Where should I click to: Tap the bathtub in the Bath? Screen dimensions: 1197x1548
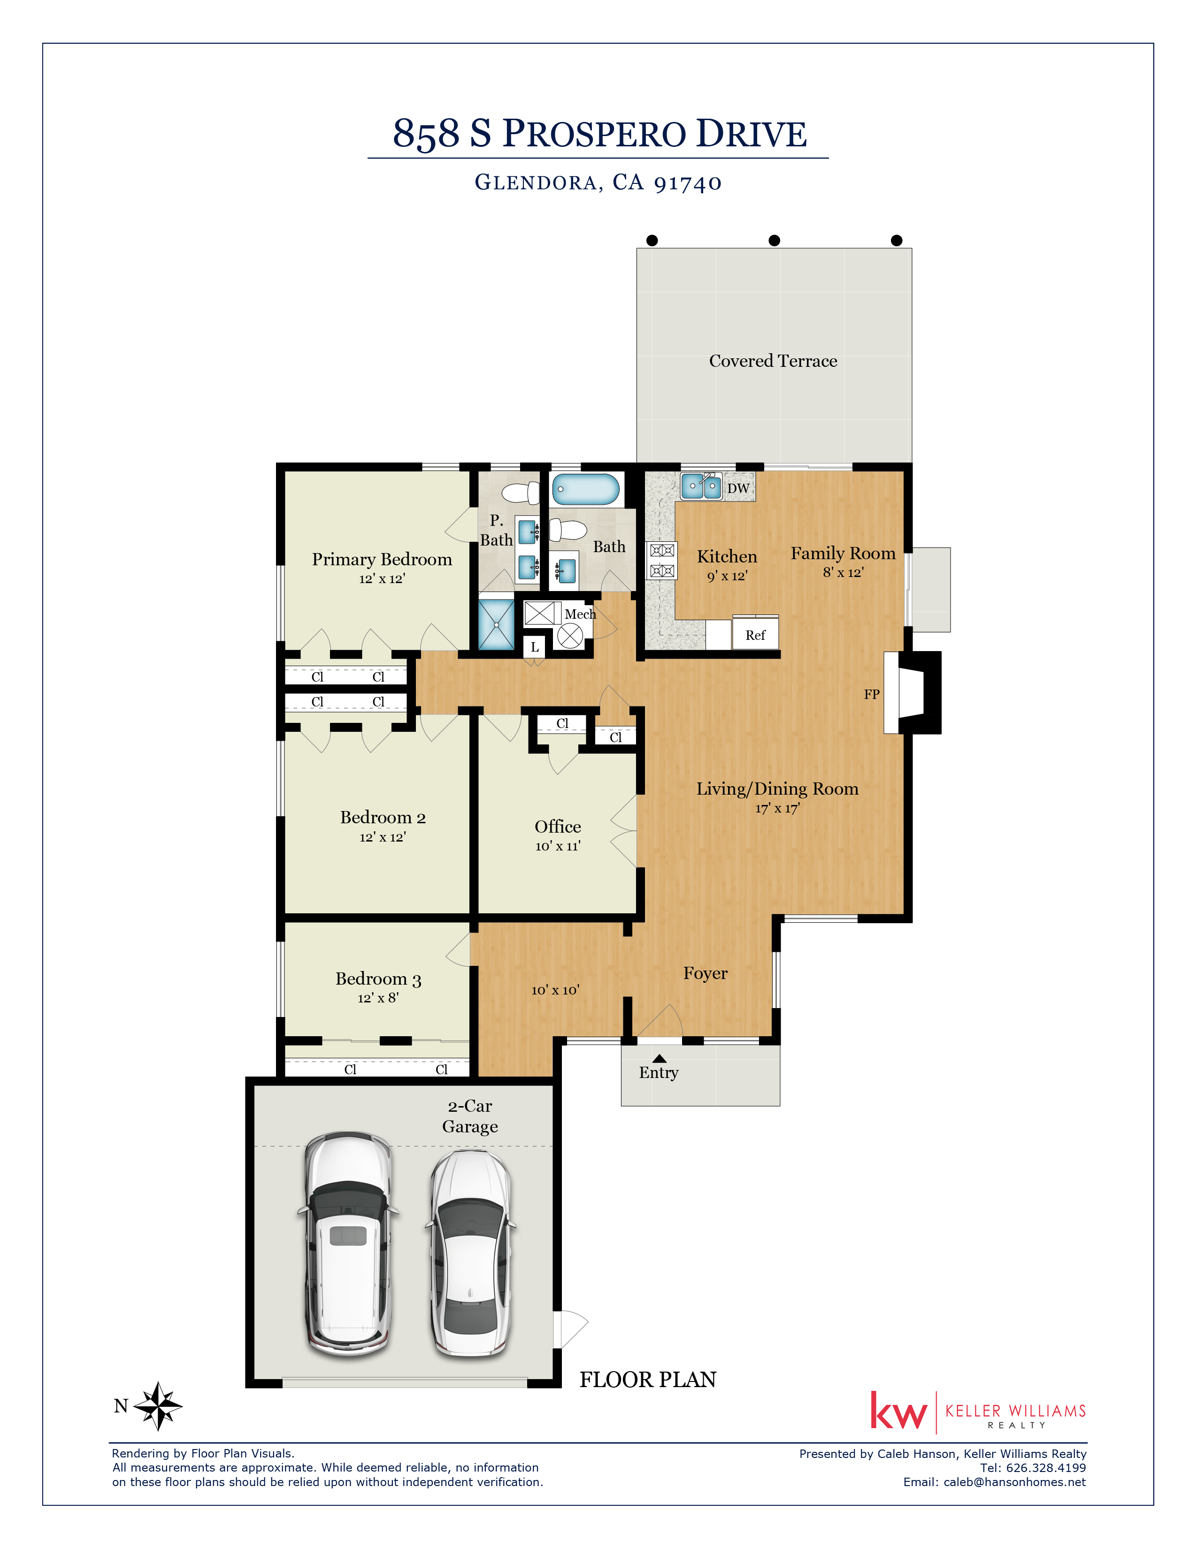[586, 489]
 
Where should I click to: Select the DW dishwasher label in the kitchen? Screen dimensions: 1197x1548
[738, 488]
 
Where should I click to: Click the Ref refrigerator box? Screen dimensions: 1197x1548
[755, 632]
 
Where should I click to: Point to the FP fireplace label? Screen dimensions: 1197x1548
[872, 695]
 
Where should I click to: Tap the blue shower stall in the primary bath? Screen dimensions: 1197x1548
[496, 624]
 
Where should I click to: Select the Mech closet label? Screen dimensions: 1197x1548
[580, 614]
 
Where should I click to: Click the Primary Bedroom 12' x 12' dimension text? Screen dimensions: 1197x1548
[382, 578]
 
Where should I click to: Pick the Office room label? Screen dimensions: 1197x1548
[558, 827]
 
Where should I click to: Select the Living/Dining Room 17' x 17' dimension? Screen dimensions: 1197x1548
[777, 808]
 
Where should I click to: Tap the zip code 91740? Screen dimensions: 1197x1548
[688, 183]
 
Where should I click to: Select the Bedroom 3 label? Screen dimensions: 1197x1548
[379, 979]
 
